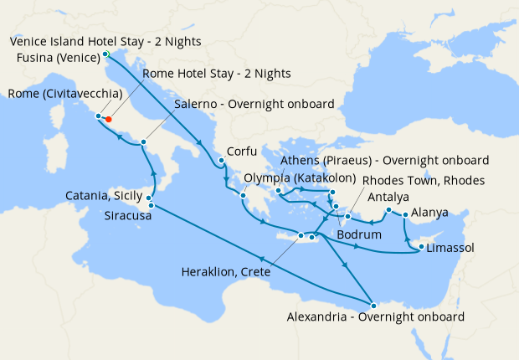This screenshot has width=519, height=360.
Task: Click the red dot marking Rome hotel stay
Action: [109, 120]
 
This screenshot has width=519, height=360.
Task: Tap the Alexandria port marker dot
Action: [374, 305]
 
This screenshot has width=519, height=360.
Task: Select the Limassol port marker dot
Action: [420, 248]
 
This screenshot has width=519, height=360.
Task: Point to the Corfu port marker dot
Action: [221, 161]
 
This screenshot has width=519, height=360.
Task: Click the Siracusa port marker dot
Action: [151, 205]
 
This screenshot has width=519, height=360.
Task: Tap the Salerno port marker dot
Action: [144, 142]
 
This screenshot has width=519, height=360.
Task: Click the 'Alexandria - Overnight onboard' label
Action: [375, 317]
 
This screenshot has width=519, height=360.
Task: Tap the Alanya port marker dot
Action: [406, 215]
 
